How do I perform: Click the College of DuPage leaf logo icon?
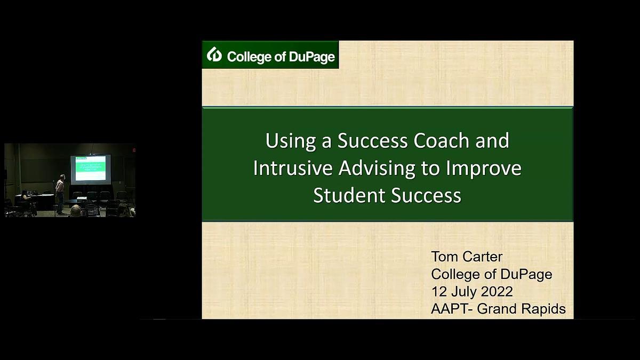pos(214,54)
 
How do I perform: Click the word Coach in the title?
pos(442,141)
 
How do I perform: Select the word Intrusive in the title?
pos(293,168)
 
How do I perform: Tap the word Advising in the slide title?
pos(377,169)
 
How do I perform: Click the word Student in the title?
pos(349,195)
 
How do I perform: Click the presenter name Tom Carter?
pos(467,257)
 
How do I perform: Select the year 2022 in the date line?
pos(497,292)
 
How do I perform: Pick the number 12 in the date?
pos(439,292)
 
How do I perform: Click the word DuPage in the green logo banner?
pos(311,57)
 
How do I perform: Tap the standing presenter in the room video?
pos(60,194)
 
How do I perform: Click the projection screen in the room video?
pos(91,169)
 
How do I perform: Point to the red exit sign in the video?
pos(134,150)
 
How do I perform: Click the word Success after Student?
pos(426,195)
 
